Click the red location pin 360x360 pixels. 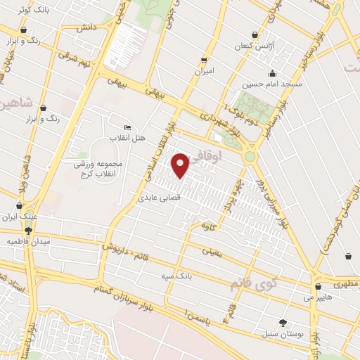pos(180,165)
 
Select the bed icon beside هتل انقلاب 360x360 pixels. pos(127,127)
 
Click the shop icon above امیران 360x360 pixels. pos(204,60)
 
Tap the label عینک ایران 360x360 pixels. pos(19,217)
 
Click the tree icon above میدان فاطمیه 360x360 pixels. pos(28,231)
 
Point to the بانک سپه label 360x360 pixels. pos(195,276)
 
